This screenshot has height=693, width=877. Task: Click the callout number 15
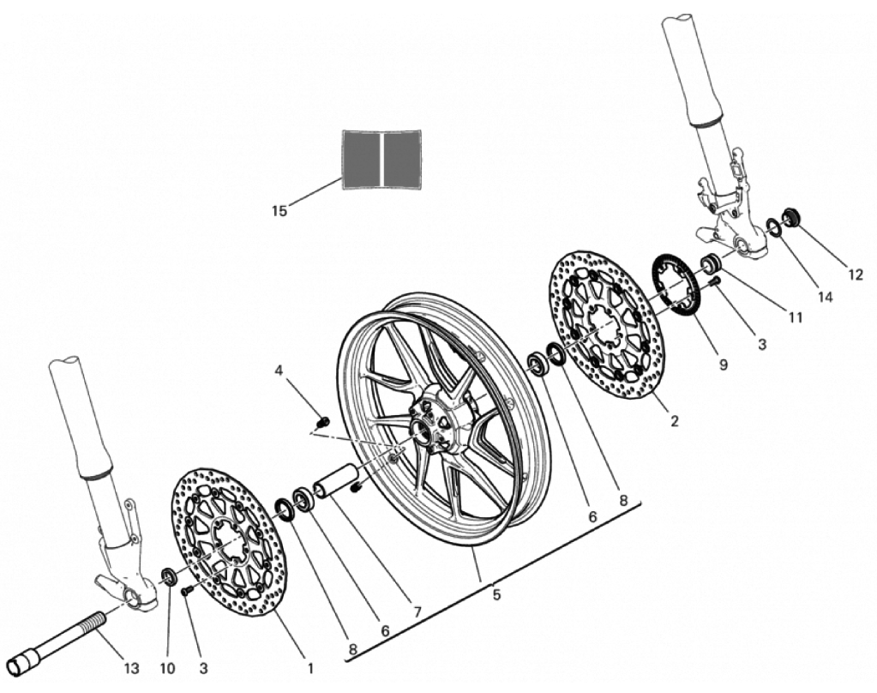point(279,211)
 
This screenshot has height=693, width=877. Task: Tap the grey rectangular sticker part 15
point(382,160)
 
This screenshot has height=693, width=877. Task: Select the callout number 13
point(131,668)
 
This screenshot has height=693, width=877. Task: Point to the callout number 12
point(856,274)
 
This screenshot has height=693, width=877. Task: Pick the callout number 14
point(825,297)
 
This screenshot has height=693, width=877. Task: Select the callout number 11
point(795,317)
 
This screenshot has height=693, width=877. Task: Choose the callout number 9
point(724,365)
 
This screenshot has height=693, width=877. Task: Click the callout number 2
point(675,420)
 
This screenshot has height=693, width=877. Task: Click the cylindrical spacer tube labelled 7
point(335,480)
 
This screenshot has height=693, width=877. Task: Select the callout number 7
point(417,612)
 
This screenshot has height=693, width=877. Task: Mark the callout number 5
point(496,595)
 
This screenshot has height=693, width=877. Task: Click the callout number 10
point(167,668)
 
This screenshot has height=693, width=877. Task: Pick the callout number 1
point(309,668)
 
